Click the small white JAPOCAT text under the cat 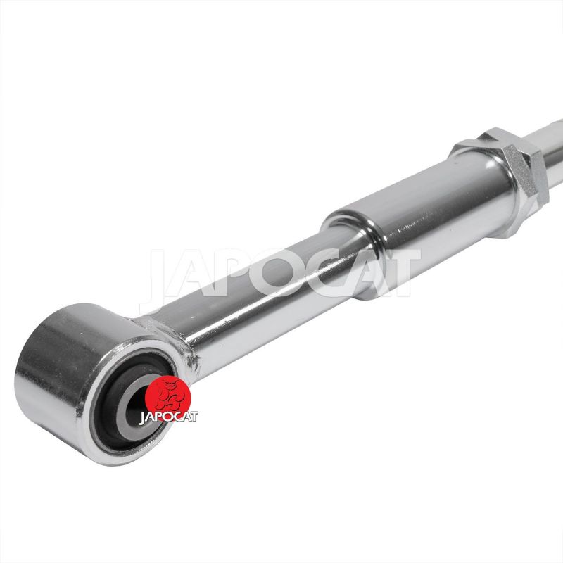168,417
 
